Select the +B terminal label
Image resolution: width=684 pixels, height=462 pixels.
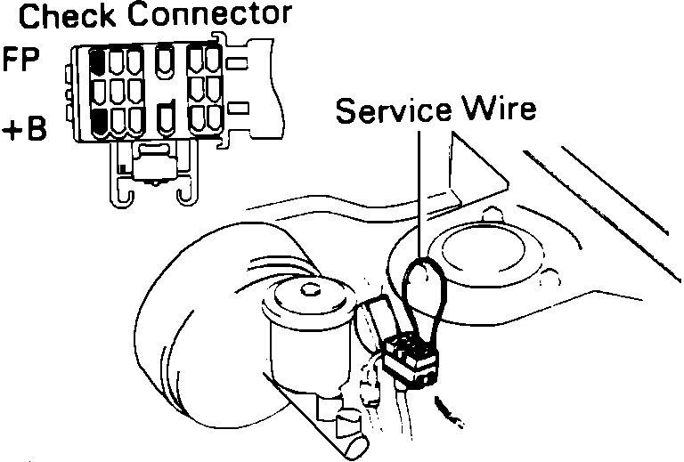coord(23,130)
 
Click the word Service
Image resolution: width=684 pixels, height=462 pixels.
coord(392,110)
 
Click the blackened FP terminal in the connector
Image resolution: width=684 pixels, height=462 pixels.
coord(97,62)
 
